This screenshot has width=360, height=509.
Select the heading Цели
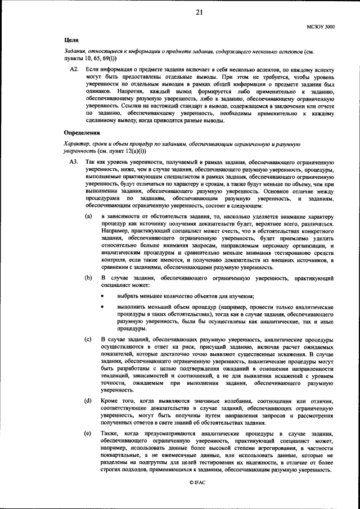70,41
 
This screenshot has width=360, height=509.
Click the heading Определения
82,134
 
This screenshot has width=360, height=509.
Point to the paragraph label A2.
73,69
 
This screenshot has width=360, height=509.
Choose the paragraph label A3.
73,162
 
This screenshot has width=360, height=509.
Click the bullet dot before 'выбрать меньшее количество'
102,296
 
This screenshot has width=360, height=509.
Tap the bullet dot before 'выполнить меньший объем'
102,307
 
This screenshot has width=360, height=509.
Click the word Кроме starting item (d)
111,400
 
